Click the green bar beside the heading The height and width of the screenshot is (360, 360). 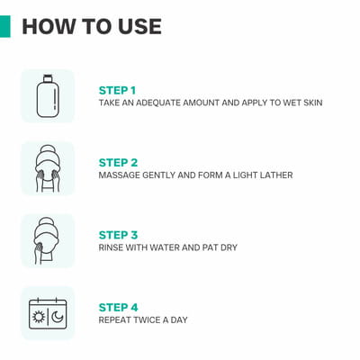[5, 26]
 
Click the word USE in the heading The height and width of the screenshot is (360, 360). [139, 26]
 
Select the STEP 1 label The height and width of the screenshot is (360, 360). [117, 90]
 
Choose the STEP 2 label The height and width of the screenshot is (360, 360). [118, 163]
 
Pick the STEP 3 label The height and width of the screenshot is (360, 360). [118, 235]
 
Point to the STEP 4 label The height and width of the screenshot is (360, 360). [118, 307]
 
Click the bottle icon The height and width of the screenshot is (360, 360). [48, 96]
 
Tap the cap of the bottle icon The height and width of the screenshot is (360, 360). [48, 78]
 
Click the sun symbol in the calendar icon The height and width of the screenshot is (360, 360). [39, 317]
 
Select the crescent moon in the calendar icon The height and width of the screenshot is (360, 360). [57, 317]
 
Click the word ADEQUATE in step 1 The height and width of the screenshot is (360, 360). [158, 103]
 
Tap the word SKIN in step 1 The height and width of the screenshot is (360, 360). [312, 103]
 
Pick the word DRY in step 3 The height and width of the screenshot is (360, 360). [229, 247]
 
